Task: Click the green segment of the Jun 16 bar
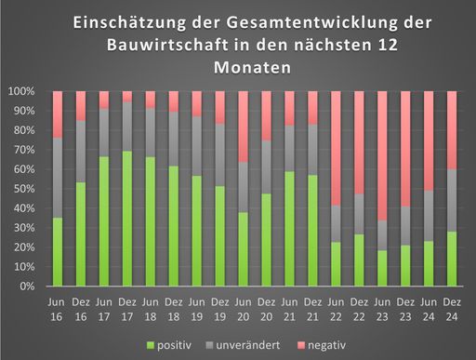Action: (x=58, y=251)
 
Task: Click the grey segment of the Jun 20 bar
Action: (x=243, y=187)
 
